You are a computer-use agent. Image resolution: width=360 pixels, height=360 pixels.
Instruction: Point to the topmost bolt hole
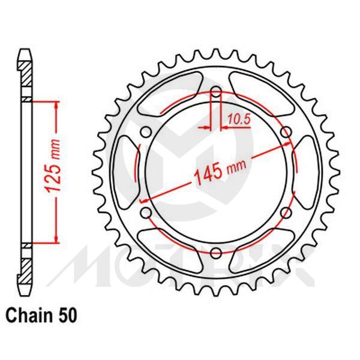(x=217, y=93)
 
